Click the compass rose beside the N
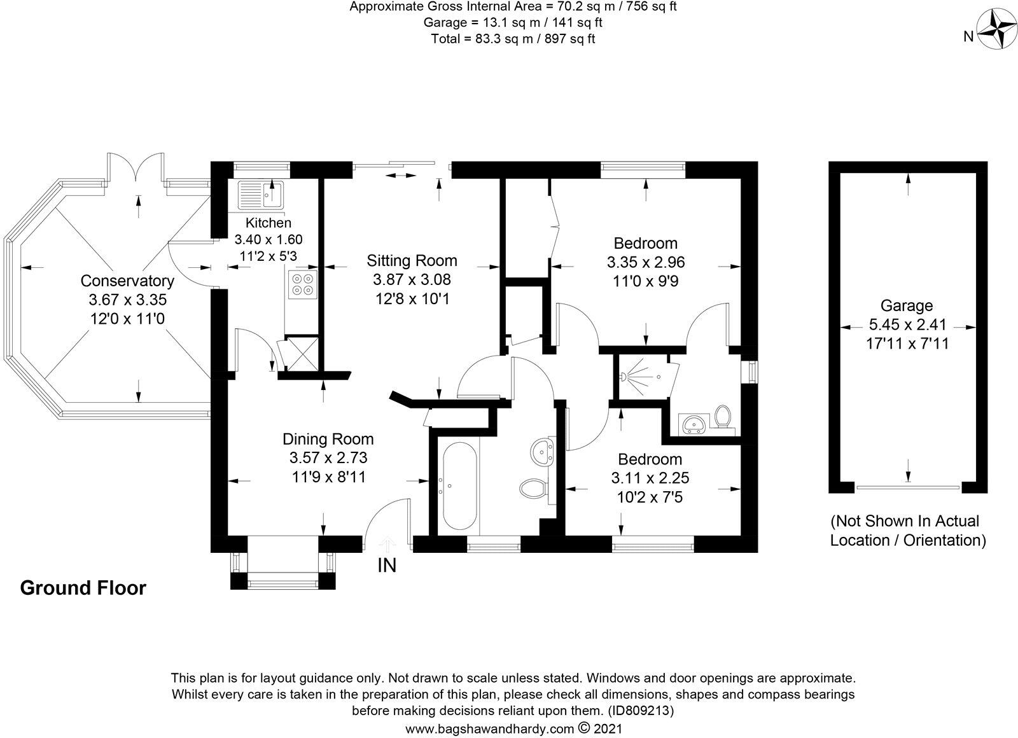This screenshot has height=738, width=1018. pos(995,36)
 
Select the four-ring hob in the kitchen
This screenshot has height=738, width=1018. pos(303,284)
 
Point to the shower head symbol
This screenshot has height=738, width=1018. pos(624,377)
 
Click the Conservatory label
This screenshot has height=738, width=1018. pos(127,281)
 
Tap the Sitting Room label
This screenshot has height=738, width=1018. pos(412,260)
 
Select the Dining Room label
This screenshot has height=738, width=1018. pos(328,439)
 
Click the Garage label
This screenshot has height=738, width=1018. pos(907,305)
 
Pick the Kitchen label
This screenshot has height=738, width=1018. pos(268,223)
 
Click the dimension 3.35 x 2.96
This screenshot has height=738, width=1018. pos(646,262)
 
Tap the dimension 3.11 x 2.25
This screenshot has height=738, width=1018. pos(650,478)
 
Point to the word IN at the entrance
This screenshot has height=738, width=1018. pos(387,566)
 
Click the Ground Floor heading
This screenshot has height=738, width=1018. pos(83,588)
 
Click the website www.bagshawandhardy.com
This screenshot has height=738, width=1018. pos(489,729)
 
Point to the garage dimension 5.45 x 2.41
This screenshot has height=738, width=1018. pos(907,324)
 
